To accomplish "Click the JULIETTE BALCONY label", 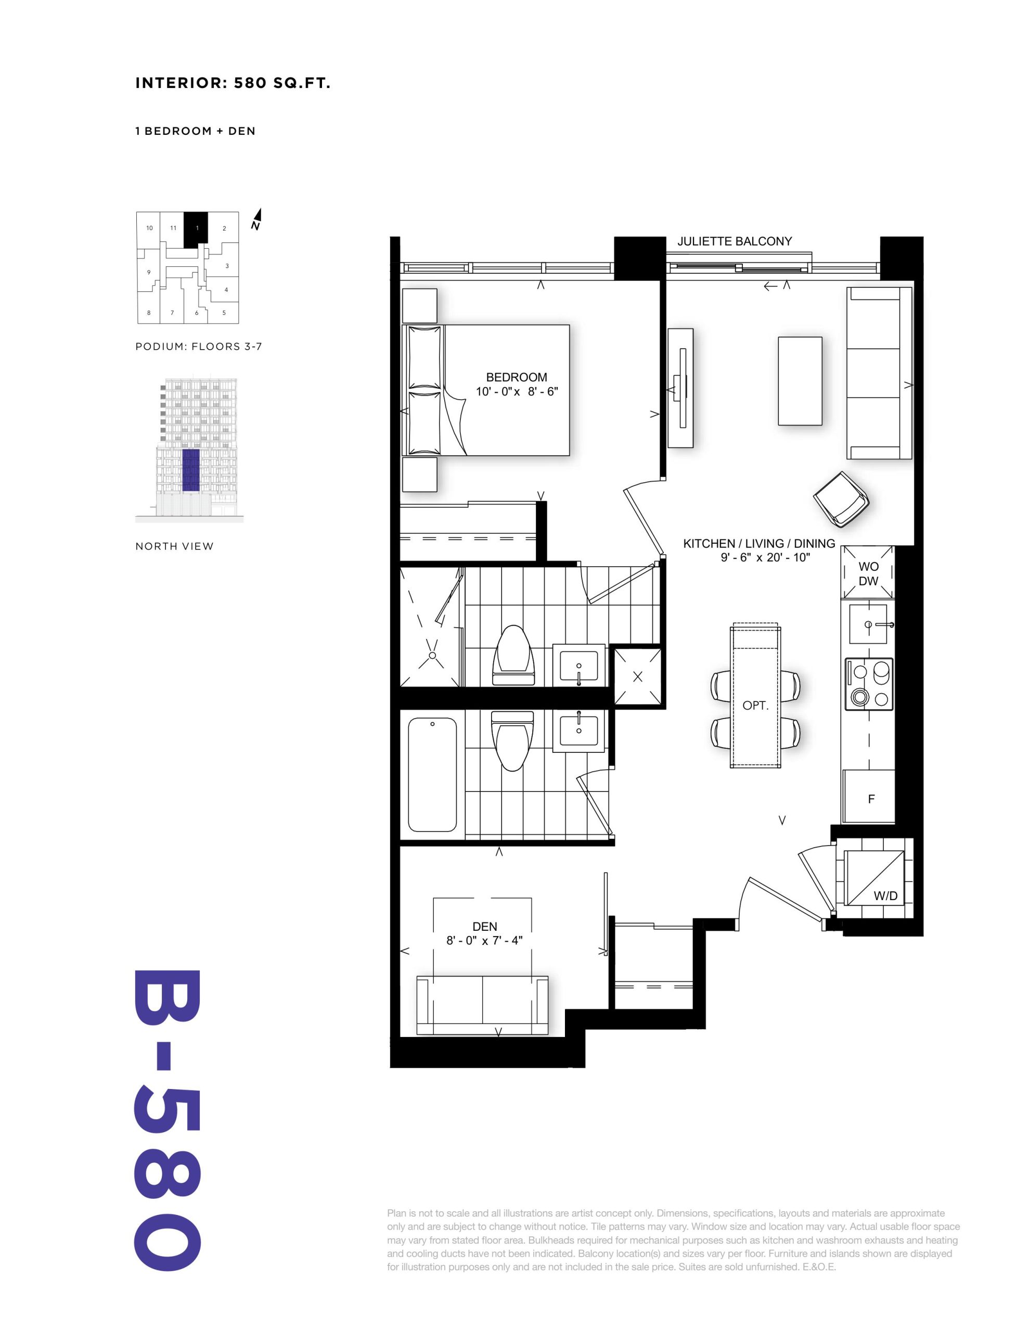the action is click(x=735, y=241).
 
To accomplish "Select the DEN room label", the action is click(x=485, y=927).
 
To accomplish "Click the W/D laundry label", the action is click(x=885, y=896).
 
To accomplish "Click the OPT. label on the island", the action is click(x=755, y=706).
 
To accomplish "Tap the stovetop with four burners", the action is click(x=869, y=684).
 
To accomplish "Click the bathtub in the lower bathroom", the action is click(x=432, y=775).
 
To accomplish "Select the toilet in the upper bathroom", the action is click(x=513, y=656).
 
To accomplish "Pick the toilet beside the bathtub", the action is click(x=512, y=741).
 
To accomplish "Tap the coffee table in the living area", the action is click(x=800, y=380).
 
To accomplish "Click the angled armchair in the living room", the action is click(x=841, y=499).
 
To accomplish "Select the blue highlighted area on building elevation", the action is click(x=191, y=470).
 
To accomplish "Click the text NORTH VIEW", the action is click(x=174, y=546).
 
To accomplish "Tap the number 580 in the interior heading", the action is click(x=250, y=83).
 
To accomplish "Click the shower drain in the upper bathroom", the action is click(x=432, y=656).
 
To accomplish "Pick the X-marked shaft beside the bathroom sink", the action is click(x=637, y=676).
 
